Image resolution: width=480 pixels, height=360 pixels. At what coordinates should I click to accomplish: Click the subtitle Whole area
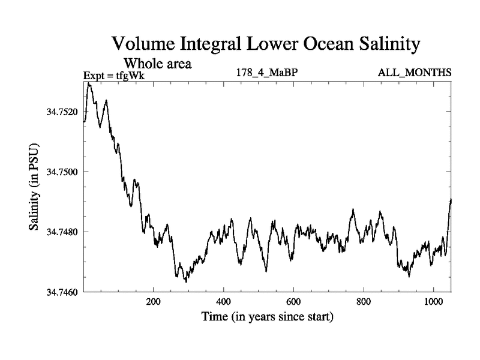(157, 62)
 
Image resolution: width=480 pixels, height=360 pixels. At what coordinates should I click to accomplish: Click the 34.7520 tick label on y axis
(60, 112)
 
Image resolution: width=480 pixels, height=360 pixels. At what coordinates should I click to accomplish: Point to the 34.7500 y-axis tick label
(60, 172)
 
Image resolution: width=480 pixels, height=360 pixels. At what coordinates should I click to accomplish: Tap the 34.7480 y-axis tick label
(60, 232)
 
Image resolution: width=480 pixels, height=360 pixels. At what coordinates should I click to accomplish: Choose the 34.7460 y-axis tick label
(60, 292)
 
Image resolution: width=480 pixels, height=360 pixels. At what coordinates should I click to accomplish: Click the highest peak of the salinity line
(89, 83)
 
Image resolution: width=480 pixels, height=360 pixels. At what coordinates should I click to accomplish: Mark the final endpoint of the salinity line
(451, 199)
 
